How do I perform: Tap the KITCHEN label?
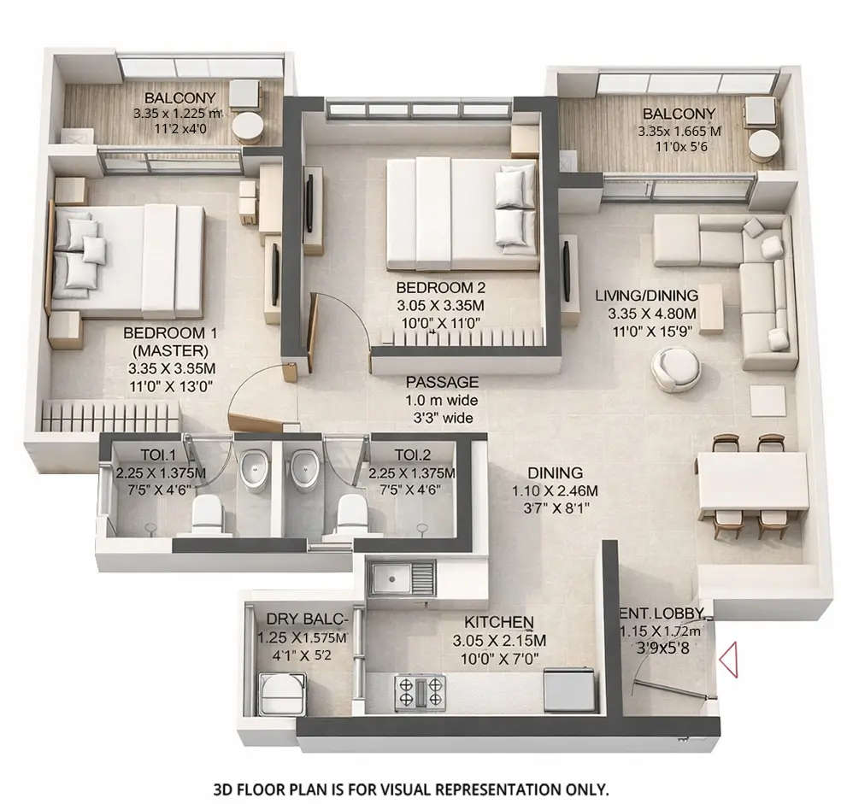pos(499,621)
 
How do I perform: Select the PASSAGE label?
pos(442,382)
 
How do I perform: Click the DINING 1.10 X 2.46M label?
pos(555,490)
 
